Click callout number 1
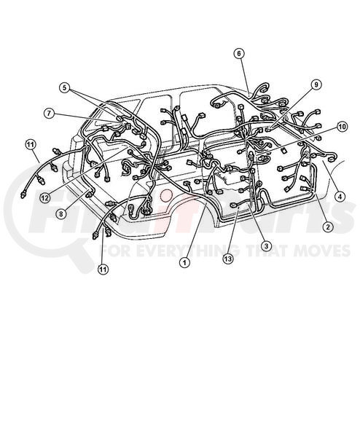point(184,262)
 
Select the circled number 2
point(328,227)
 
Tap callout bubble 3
point(266,246)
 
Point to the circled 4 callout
point(340,197)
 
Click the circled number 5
point(65,88)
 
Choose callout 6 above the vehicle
point(239,53)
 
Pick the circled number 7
point(49,113)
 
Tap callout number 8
point(61,213)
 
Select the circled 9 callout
point(316,84)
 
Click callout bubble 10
point(342,127)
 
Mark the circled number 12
point(45,197)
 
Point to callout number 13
point(228,259)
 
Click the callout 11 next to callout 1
point(103,269)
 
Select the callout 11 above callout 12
point(31,144)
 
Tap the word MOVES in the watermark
point(322,251)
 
